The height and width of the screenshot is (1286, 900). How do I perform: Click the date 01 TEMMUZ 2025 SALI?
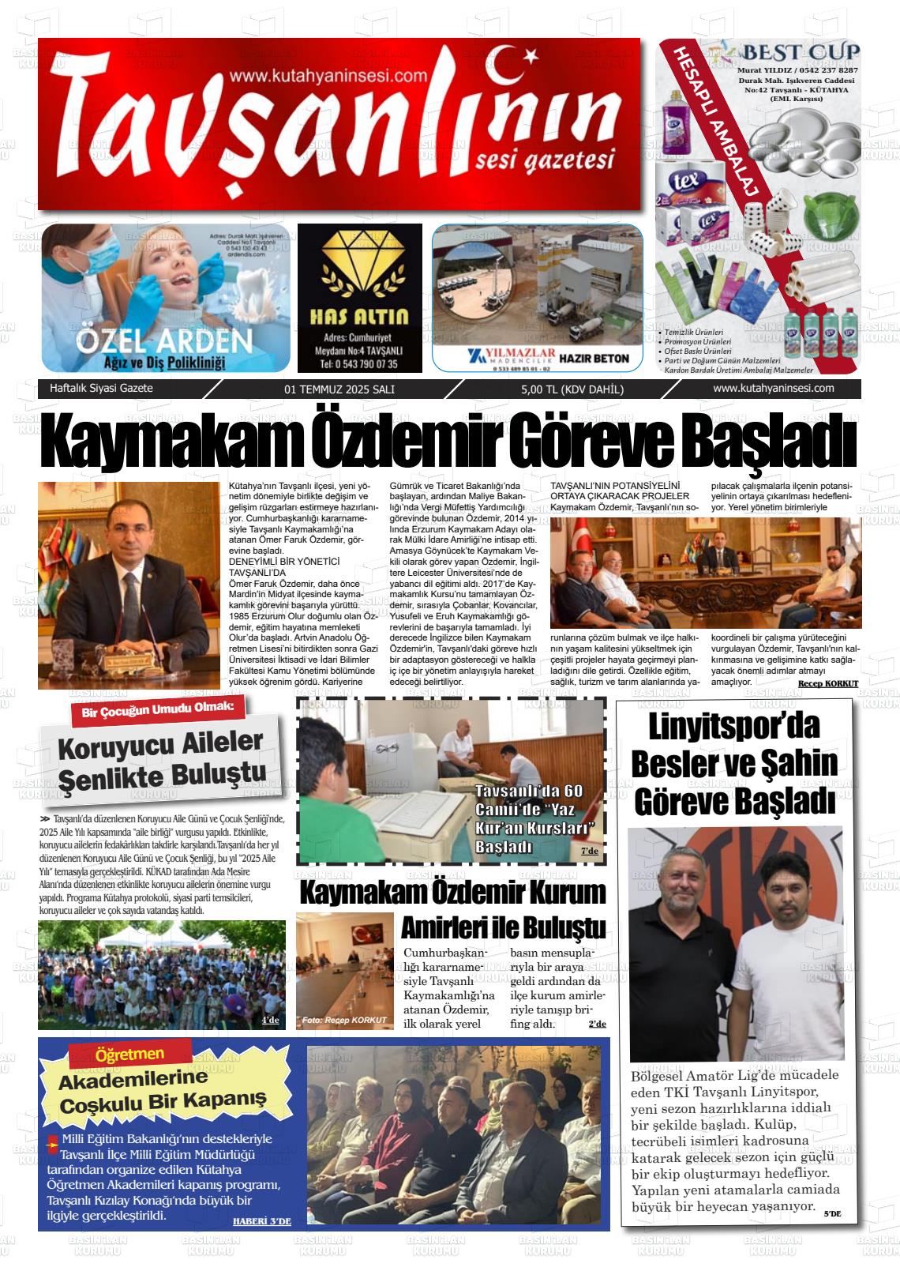[x=339, y=389]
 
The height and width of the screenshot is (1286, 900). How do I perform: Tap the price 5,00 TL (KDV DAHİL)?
[x=572, y=389]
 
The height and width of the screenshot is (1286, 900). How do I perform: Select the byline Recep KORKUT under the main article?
[x=827, y=682]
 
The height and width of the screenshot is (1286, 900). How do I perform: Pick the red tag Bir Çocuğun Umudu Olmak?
[x=158, y=709]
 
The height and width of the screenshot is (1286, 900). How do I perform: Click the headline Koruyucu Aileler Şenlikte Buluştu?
[x=161, y=757]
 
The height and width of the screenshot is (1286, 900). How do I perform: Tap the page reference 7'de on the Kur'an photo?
[x=590, y=851]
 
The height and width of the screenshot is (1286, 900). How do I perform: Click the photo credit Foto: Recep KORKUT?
[x=344, y=1020]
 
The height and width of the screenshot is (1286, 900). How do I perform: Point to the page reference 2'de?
[x=597, y=1024]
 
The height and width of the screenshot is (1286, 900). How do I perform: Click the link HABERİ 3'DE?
[x=261, y=1220]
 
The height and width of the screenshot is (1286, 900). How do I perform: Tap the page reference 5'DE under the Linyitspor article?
[x=832, y=1213]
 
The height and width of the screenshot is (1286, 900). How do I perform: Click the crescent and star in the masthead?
[x=514, y=57]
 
